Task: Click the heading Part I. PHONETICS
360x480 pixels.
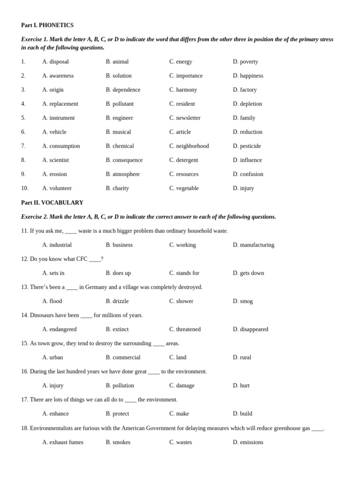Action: pos(47,25)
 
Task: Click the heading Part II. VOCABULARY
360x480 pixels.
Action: pos(52,202)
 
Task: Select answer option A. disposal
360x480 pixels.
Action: pos(55,62)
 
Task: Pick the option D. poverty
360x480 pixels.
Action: pos(245,62)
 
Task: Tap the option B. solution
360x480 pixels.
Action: pos(119,76)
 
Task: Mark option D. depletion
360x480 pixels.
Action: pos(247,104)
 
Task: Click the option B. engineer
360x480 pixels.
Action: pos(120,118)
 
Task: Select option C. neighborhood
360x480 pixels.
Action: pos(189,146)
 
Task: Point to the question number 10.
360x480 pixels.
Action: pos(24,188)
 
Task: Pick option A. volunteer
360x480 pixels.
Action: pos(57,188)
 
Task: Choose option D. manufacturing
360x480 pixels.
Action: pos(254,245)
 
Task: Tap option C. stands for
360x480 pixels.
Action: pos(184,273)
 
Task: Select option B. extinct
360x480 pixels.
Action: pos(117,329)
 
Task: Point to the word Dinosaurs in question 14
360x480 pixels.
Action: pos(44,315)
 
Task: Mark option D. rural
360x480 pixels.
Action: pos(242,357)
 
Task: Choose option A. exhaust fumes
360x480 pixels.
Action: pos(63,442)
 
